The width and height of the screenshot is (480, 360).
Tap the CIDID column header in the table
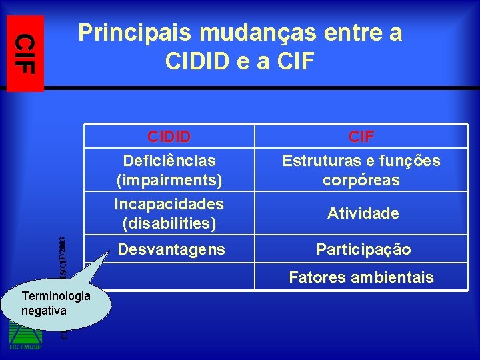click(169, 137)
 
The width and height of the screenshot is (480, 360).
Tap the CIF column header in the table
click(361, 137)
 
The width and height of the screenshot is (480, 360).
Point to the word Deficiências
click(169, 161)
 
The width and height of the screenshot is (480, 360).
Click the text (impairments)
click(169, 180)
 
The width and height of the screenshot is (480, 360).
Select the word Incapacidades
click(169, 203)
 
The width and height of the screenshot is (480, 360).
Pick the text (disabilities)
click(169, 223)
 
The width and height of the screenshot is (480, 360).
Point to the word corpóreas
click(361, 180)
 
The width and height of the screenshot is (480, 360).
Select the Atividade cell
click(363, 214)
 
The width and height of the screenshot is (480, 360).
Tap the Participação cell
click(363, 250)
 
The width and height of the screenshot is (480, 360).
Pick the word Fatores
click(315, 277)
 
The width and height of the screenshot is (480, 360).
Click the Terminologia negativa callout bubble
click(56, 303)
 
